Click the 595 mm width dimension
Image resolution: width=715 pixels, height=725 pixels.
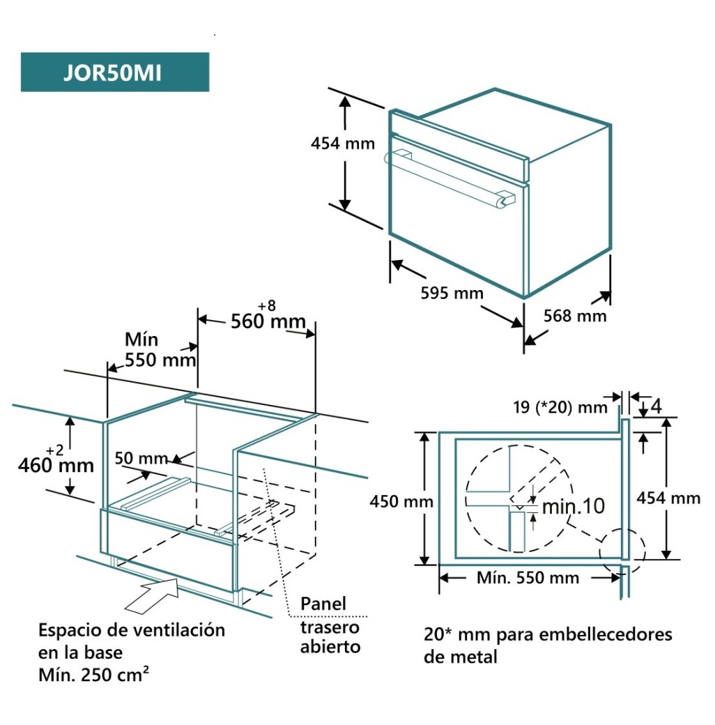point(452,293)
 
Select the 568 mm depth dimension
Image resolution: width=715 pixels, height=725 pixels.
point(575,316)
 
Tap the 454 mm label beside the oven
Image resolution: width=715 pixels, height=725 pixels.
point(342,144)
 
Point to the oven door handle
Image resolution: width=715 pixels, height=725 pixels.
point(446,174)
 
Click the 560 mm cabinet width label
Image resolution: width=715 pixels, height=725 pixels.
point(268,321)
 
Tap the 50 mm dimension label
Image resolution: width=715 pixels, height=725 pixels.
point(141,458)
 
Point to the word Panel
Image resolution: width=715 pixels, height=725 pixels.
point(323,604)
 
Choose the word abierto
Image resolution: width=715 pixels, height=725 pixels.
point(330,646)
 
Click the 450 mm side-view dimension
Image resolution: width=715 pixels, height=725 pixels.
point(401,501)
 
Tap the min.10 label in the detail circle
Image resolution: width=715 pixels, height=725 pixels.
point(574,506)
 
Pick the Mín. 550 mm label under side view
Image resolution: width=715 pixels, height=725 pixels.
point(528,577)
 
